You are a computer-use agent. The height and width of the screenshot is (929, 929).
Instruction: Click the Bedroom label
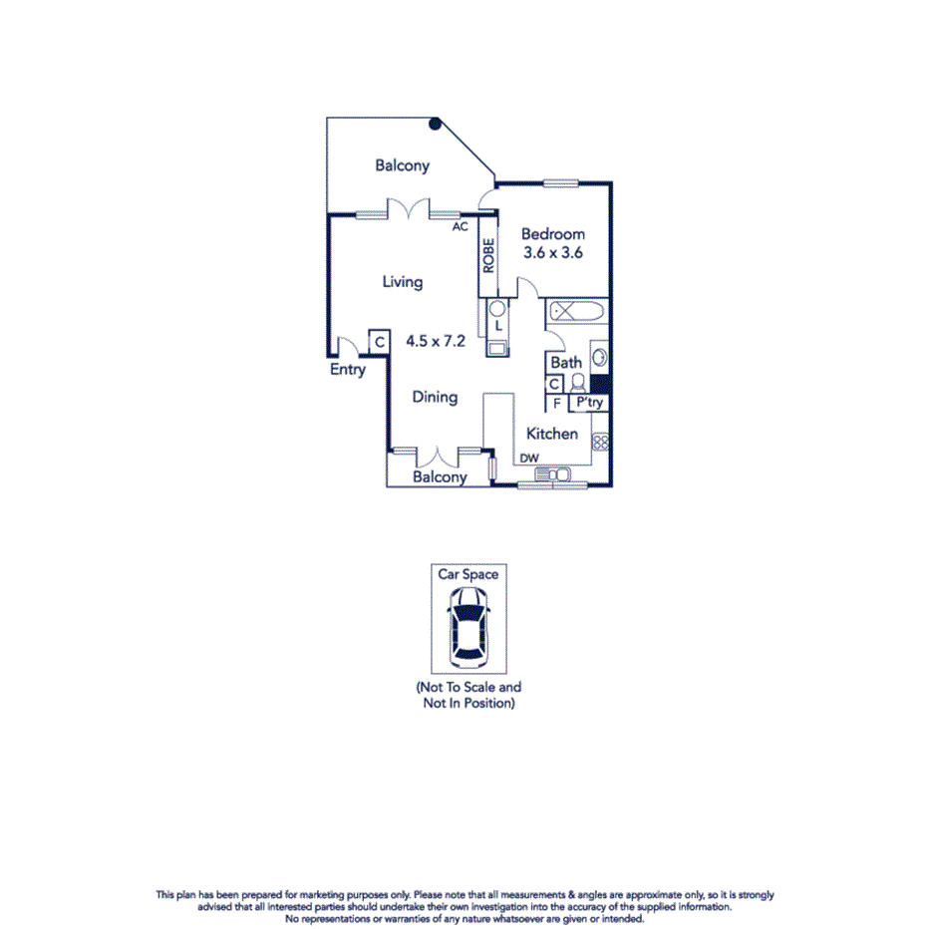coord(553,234)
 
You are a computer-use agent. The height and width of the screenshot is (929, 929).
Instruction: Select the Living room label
coord(403,282)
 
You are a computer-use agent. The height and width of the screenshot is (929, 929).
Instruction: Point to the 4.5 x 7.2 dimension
coord(436,340)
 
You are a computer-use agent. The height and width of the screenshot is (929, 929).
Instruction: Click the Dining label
coord(436,397)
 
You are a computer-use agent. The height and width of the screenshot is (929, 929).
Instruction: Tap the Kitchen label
coord(552,434)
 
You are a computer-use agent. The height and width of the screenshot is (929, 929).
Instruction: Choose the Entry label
coord(348,370)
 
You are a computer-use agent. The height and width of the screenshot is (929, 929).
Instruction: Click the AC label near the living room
coord(460,226)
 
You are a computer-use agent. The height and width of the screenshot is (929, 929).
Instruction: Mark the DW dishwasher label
coord(529,459)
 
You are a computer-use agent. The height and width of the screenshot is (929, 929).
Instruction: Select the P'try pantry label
coord(590,404)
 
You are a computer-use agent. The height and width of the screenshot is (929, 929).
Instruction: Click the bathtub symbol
coord(577,311)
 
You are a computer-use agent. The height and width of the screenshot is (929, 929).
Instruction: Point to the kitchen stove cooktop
coord(600,441)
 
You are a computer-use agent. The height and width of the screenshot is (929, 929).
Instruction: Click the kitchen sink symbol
coord(551,474)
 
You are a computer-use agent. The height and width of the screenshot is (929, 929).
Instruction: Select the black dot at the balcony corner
coord(435,124)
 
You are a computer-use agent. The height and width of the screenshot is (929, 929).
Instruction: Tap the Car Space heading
coord(468,574)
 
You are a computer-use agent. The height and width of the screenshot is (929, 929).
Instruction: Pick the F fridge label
coord(556,404)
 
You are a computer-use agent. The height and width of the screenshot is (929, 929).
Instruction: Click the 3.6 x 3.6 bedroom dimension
coord(553,253)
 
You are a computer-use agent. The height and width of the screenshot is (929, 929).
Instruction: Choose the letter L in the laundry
coord(497,325)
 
